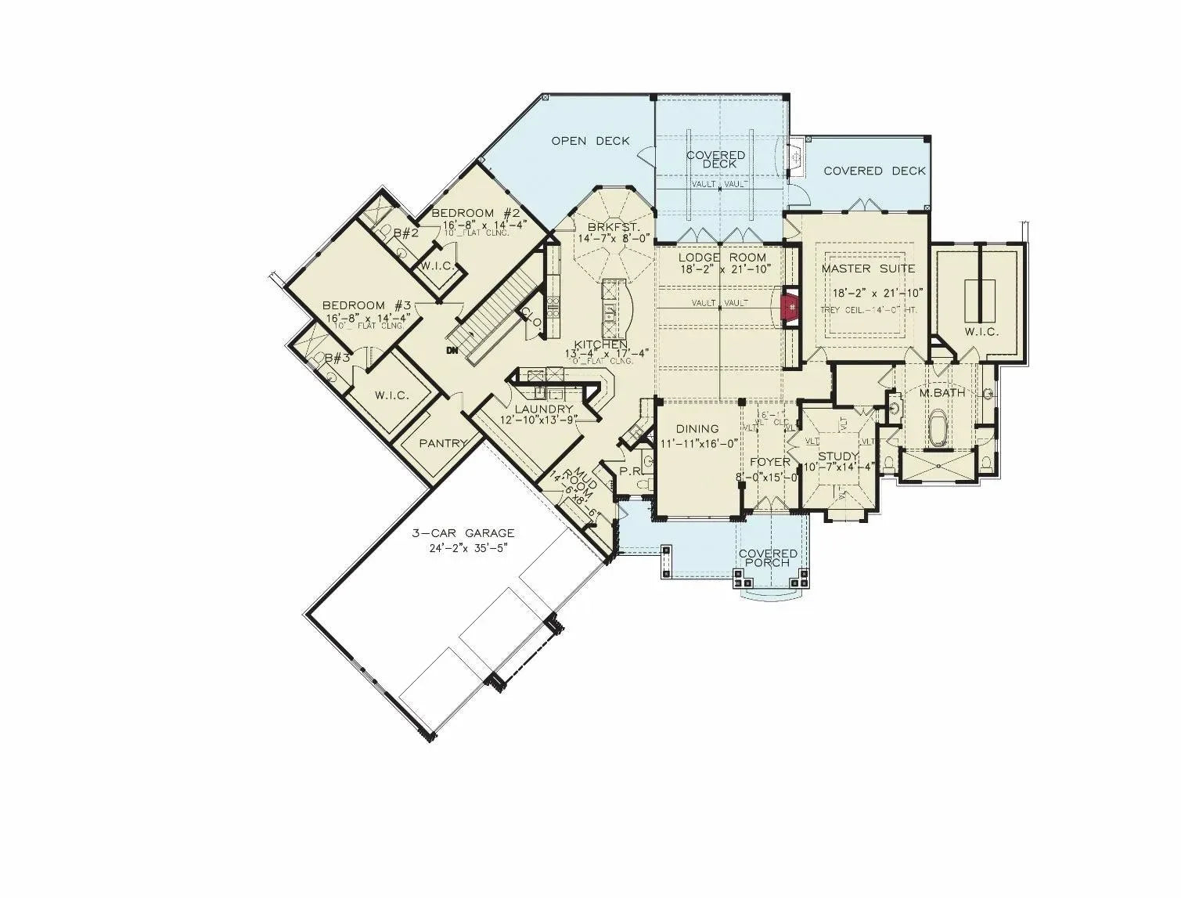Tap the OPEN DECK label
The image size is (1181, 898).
click(x=590, y=141)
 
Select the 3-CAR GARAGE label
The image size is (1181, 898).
click(x=463, y=533)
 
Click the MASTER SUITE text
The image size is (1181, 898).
click(x=868, y=269)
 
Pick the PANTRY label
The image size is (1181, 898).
click(x=443, y=443)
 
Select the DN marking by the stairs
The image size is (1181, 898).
click(x=452, y=350)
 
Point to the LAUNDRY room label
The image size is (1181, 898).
click(x=544, y=409)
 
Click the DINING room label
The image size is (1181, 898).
click(x=697, y=429)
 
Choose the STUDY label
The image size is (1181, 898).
click(x=838, y=456)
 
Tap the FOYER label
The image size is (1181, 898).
click(x=769, y=462)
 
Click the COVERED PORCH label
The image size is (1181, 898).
click(x=768, y=558)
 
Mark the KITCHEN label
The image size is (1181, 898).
click(x=601, y=344)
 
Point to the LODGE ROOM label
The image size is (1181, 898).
click(x=722, y=257)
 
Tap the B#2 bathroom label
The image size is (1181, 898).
click(x=407, y=233)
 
